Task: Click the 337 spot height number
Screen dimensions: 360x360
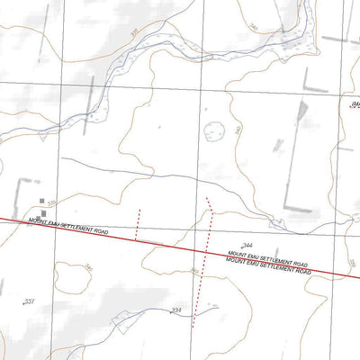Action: tap(30, 301)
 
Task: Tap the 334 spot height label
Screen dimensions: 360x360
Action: tap(175, 310)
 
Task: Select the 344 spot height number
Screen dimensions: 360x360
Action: tap(247, 246)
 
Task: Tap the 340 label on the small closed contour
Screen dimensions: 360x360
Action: tap(88, 267)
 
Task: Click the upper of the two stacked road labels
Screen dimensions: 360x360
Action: tap(267, 259)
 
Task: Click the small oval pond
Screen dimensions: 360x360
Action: tap(214, 130)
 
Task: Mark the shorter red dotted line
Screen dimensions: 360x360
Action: tap(138, 223)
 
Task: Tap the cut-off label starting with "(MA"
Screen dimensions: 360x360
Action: tap(352, 104)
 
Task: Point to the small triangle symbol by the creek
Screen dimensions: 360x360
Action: tap(43, 139)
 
